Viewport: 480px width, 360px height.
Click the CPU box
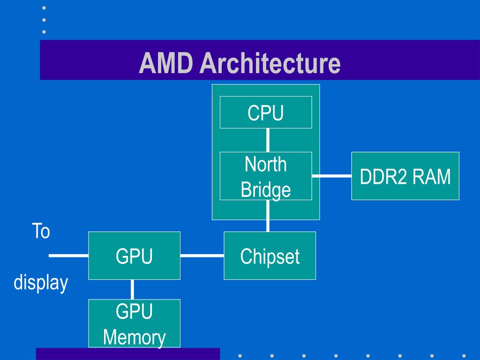coord(266,112)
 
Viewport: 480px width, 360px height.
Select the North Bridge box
coord(266,176)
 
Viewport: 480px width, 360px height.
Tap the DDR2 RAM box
coord(405,176)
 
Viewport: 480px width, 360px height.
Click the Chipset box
coord(270,255)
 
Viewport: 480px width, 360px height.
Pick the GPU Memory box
coord(134,323)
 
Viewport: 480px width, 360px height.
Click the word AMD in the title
coord(166,63)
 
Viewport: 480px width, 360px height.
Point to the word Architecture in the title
coord(270,63)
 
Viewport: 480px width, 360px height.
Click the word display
coord(41,282)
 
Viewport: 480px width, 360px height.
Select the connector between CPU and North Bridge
coord(268,140)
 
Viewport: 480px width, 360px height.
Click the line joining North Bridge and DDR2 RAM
coord(331,176)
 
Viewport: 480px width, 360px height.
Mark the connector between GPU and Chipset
coord(202,255)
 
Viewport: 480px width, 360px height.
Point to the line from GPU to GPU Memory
coord(132,290)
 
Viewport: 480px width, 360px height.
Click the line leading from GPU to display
coord(68,255)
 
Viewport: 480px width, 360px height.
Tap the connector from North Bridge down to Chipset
coord(268,216)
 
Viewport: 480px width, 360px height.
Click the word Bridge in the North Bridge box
coord(266,190)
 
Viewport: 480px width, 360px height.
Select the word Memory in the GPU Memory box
coord(135,337)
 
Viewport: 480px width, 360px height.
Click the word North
coord(266,164)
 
